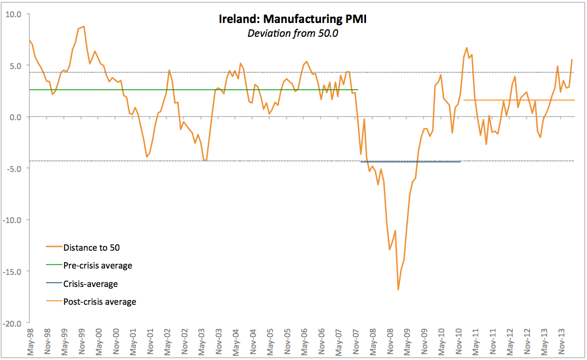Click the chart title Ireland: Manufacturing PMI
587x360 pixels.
292,20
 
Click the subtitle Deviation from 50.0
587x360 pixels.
292,33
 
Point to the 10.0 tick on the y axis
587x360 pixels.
13,14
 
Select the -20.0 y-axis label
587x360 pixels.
12,323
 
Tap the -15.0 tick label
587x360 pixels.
12,271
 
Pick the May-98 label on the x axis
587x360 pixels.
31,342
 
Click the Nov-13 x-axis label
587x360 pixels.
561,342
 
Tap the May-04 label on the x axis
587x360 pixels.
235,342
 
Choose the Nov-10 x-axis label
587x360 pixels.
459,342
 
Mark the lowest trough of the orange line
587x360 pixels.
398,290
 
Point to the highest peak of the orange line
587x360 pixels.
84,26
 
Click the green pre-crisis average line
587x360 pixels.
173,90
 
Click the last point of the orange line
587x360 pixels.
571,60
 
